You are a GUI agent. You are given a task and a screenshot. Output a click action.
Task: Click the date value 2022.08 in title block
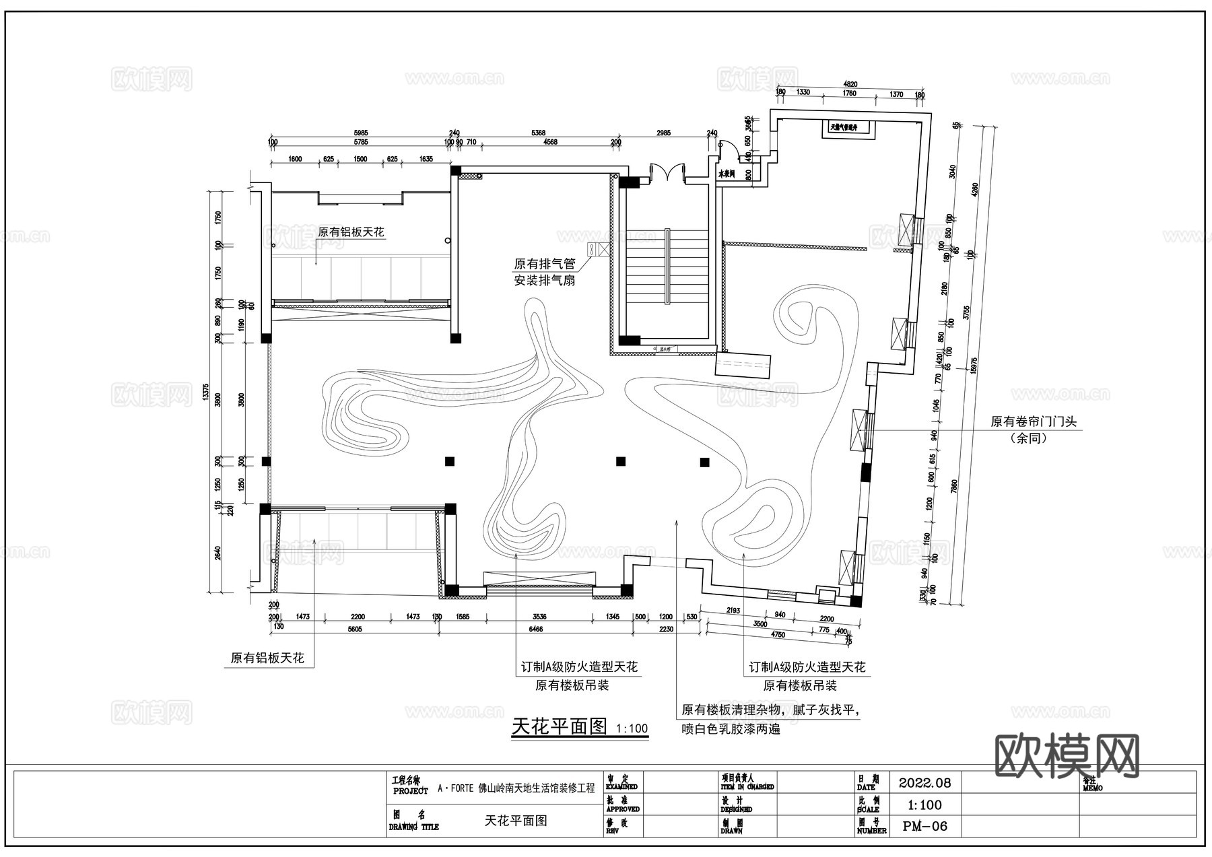[924, 783]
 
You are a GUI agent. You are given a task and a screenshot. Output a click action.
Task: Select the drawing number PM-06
[924, 826]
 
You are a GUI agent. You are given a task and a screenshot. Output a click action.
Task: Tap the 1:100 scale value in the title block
[924, 805]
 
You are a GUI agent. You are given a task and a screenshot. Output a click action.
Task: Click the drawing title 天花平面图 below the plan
[560, 727]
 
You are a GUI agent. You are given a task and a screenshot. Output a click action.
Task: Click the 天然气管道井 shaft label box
[847, 127]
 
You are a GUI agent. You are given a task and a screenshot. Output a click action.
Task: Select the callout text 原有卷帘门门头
[1033, 422]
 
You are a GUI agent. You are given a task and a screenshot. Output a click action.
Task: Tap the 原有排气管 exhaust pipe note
[545, 264]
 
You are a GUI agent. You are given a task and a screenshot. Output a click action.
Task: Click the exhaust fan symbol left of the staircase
[599, 249]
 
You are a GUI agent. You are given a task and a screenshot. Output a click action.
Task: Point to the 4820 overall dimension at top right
[850, 83]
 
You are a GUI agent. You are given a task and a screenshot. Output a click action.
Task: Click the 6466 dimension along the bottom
[535, 629]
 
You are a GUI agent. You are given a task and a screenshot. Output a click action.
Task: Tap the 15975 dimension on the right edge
[974, 364]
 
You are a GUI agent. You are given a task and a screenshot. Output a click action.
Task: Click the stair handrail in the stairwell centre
[667, 267]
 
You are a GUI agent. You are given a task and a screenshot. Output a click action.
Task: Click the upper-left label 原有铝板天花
[351, 232]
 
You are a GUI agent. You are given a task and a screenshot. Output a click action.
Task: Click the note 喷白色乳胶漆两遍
[731, 728]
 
